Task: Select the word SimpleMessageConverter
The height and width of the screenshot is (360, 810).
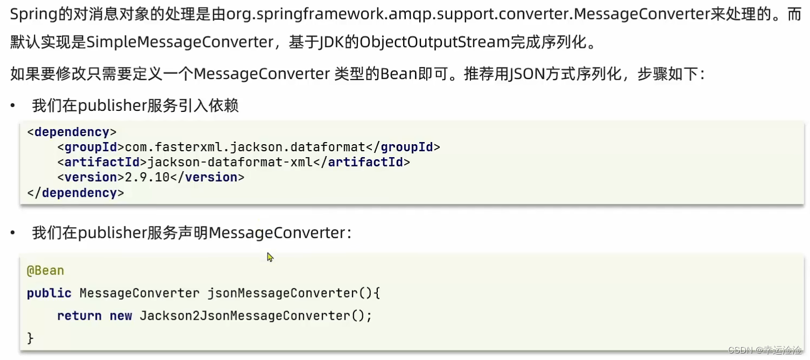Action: [x=180, y=43]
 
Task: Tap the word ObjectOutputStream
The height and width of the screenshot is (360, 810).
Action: [x=434, y=43]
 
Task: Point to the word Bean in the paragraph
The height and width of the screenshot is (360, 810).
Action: [x=399, y=74]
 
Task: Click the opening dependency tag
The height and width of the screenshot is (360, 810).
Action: [x=72, y=132]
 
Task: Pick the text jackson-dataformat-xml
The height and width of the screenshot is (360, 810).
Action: [x=230, y=162]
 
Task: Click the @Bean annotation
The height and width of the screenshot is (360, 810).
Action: [x=45, y=271]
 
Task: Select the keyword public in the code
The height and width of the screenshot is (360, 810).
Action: [x=49, y=293]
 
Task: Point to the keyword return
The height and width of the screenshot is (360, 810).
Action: [x=79, y=316]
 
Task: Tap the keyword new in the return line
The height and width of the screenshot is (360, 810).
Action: [x=121, y=316]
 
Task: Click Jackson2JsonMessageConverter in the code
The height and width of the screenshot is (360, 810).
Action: [x=245, y=316]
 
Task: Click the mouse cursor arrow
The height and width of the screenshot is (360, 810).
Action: [x=270, y=257]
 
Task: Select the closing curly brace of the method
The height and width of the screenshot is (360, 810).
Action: [x=30, y=338]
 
